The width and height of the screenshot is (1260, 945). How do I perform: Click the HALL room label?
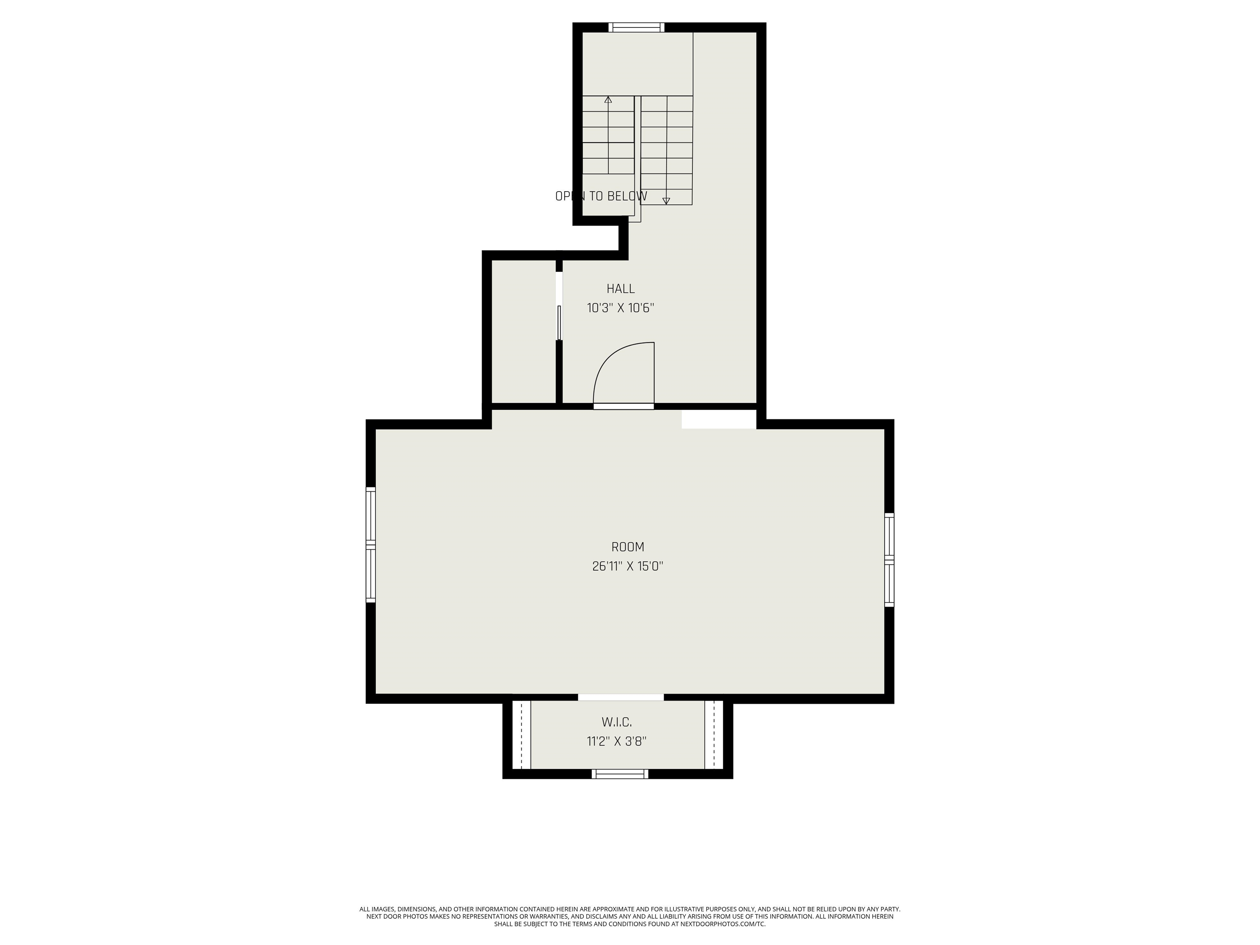click(620, 289)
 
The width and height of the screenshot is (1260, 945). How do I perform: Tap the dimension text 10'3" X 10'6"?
click(620, 308)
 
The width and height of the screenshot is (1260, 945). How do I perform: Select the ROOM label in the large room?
click(627, 547)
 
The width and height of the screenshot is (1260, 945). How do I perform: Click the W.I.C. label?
click(616, 722)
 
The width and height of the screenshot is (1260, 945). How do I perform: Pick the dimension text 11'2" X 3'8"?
click(616, 741)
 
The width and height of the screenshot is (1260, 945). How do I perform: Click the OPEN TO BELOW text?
click(601, 196)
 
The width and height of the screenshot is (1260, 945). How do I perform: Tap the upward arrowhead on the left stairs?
click(608, 100)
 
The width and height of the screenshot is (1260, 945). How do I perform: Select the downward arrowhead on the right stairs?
click(666, 201)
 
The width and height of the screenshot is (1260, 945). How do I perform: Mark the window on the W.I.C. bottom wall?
click(620, 774)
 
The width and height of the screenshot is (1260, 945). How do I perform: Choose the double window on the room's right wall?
click(889, 559)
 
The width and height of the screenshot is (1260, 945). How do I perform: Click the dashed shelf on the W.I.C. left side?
click(521, 735)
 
